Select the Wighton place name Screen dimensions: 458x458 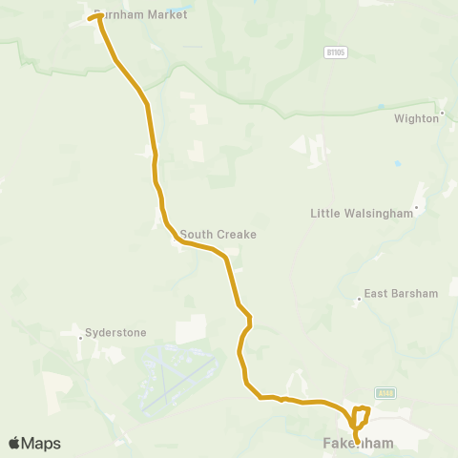[x=416, y=119]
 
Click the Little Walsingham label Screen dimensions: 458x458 [x=362, y=214]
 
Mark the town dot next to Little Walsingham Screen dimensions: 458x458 [x=416, y=206]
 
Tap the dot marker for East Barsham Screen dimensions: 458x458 [x=359, y=299]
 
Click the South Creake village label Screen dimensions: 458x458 [x=219, y=234]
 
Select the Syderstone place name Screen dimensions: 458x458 [x=115, y=333]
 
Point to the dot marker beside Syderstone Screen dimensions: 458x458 [x=79, y=335]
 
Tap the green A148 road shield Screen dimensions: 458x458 [x=385, y=392]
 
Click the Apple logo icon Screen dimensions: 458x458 [x=14, y=443]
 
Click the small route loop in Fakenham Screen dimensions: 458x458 [x=360, y=417]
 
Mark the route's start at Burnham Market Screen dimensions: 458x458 [x=91, y=18]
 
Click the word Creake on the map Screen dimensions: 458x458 [x=238, y=234]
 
